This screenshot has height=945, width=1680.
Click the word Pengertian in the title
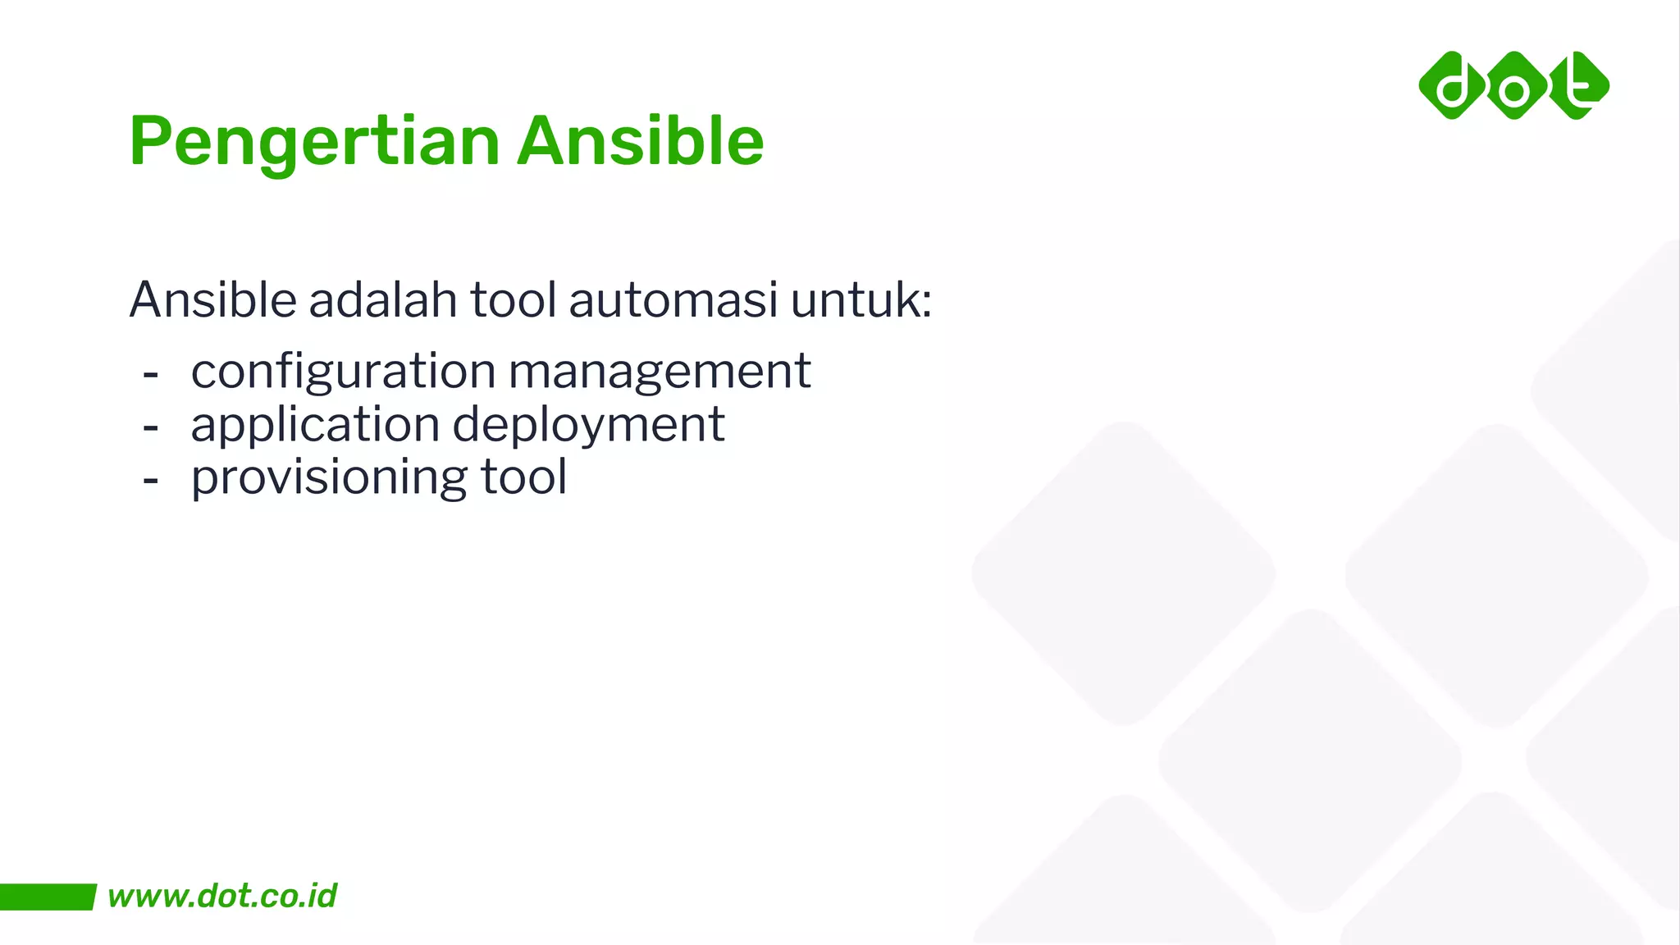pyautogui.click(x=314, y=142)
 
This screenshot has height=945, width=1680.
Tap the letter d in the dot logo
pyautogui.click(x=1453, y=86)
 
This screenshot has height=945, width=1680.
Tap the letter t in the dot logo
pyautogui.click(x=1577, y=84)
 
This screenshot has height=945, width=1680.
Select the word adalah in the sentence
pyautogui.click(x=382, y=299)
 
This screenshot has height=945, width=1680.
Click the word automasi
pyautogui.click(x=673, y=299)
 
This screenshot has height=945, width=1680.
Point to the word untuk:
pyautogui.click(x=861, y=299)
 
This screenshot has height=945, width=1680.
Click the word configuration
pyautogui.click(x=343, y=372)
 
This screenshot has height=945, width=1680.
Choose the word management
pyautogui.click(x=660, y=371)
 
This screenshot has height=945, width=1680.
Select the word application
pyautogui.click(x=315, y=425)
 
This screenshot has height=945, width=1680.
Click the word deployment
pyautogui.click(x=588, y=425)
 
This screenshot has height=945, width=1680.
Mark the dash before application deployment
pyautogui.click(x=150, y=427)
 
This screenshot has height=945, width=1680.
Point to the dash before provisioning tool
pyautogui.click(x=150, y=481)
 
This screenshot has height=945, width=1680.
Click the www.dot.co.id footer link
pyautogui.click(x=221, y=896)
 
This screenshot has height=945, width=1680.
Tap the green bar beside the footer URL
pyautogui.click(x=47, y=897)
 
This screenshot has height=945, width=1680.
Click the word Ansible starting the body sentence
pyautogui.click(x=212, y=299)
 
